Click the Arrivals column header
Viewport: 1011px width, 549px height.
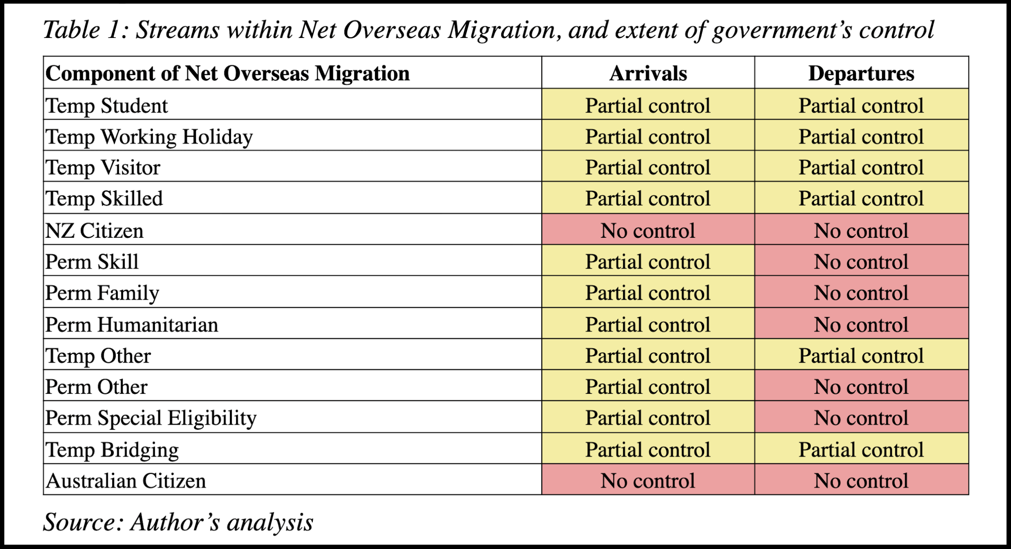tap(648, 73)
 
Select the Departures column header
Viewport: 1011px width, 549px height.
tap(861, 73)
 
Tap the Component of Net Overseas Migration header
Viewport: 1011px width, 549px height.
tap(227, 73)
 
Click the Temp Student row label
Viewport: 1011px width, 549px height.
tap(107, 106)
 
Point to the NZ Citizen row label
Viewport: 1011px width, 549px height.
tap(94, 231)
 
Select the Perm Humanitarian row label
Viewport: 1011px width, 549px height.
tap(132, 325)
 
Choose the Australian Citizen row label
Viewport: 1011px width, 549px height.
tap(126, 481)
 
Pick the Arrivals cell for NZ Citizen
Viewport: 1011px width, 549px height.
tap(648, 229)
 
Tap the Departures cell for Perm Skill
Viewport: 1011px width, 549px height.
tap(862, 260)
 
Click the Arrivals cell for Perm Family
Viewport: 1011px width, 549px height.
tap(648, 292)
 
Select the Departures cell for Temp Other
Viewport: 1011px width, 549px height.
tap(862, 354)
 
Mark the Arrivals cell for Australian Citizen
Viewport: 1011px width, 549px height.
tap(648, 479)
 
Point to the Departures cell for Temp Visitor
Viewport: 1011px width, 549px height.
tap(862, 166)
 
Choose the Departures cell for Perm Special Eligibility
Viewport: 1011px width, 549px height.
tap(862, 417)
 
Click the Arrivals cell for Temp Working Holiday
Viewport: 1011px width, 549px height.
tap(648, 135)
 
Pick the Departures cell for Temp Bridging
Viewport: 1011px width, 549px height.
tap(862, 448)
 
